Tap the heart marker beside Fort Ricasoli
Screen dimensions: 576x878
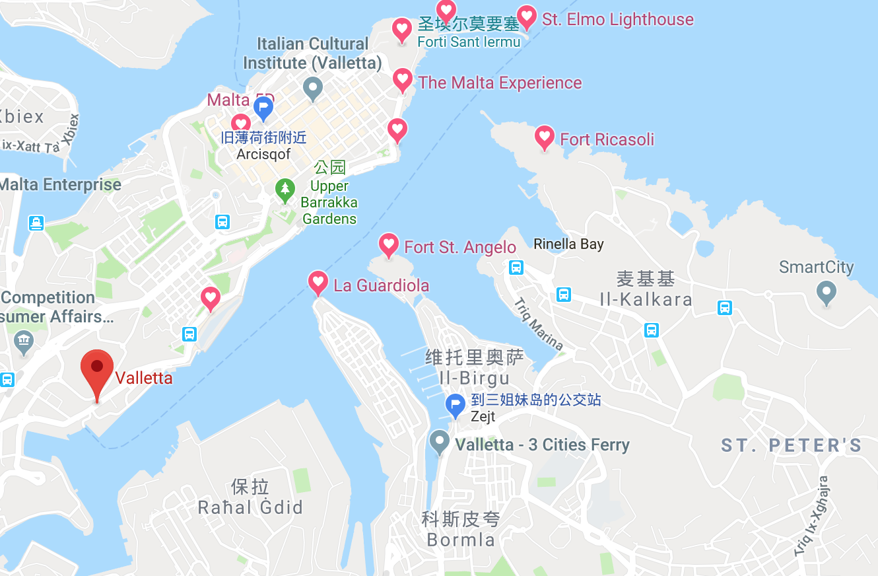[x=545, y=137]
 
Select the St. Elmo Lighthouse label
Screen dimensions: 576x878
[x=617, y=19]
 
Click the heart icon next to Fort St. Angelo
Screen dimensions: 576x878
[x=389, y=245]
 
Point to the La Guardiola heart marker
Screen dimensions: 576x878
[x=318, y=282]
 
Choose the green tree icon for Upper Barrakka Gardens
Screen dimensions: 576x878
[x=285, y=190]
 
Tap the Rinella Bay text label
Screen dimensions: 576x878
[x=568, y=244]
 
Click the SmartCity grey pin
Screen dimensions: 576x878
[x=826, y=291]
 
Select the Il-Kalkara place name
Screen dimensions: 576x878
[x=646, y=299]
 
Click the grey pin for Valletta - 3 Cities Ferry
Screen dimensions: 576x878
[x=439, y=442]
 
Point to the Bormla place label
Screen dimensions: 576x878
[x=461, y=540]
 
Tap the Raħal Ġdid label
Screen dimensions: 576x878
[x=250, y=507]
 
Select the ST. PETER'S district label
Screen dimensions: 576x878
[x=792, y=445]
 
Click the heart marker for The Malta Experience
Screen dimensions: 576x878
[x=403, y=80]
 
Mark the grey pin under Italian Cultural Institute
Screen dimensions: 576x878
[x=312, y=87]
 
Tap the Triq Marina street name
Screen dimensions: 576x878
[x=539, y=324]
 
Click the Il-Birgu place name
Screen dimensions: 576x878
[x=475, y=378]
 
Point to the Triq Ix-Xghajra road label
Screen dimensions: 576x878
[x=813, y=516]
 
